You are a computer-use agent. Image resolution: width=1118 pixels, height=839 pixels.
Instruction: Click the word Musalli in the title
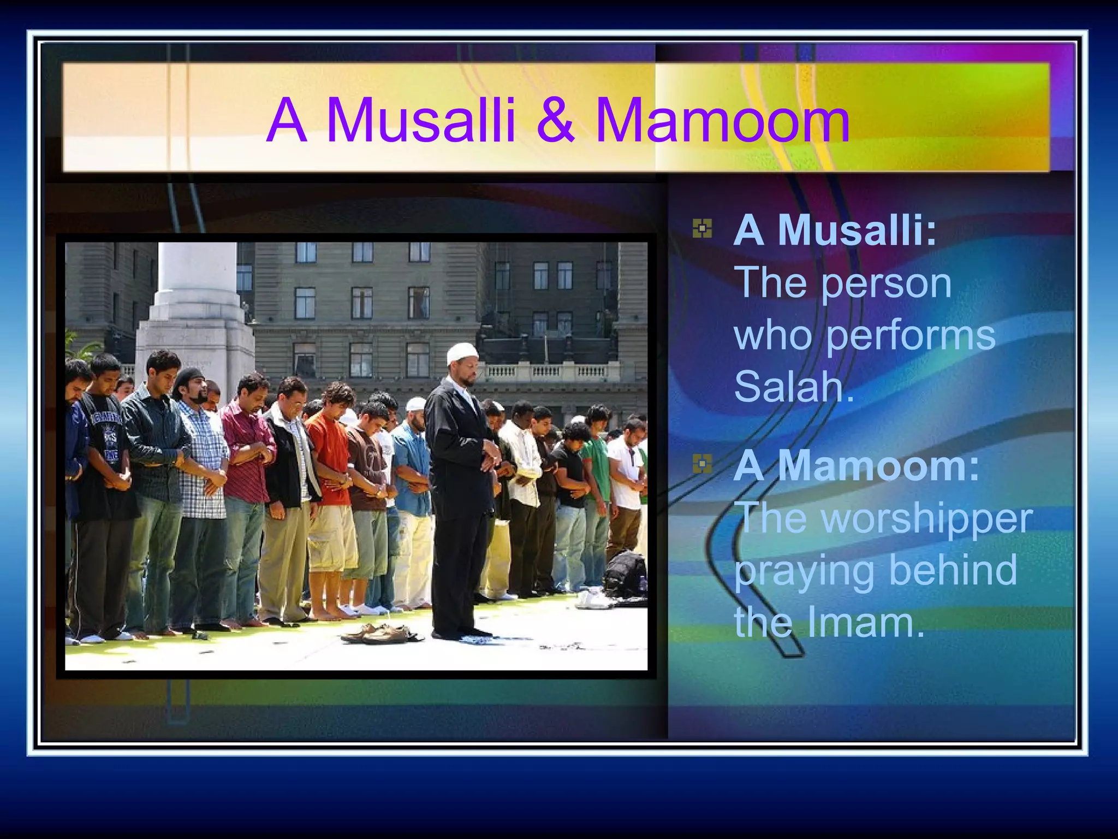coord(420,120)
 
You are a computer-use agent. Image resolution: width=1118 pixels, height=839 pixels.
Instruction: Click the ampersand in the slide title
coord(555,120)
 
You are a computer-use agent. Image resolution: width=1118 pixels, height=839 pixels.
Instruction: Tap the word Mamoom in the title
coord(722,120)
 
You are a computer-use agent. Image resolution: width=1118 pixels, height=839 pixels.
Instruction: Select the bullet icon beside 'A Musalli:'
coord(702,229)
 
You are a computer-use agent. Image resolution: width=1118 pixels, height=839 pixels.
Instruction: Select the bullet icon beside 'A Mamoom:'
coord(702,464)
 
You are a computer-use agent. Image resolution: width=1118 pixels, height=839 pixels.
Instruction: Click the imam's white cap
coord(462,353)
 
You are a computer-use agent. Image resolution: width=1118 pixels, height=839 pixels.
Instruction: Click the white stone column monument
coord(197,306)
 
